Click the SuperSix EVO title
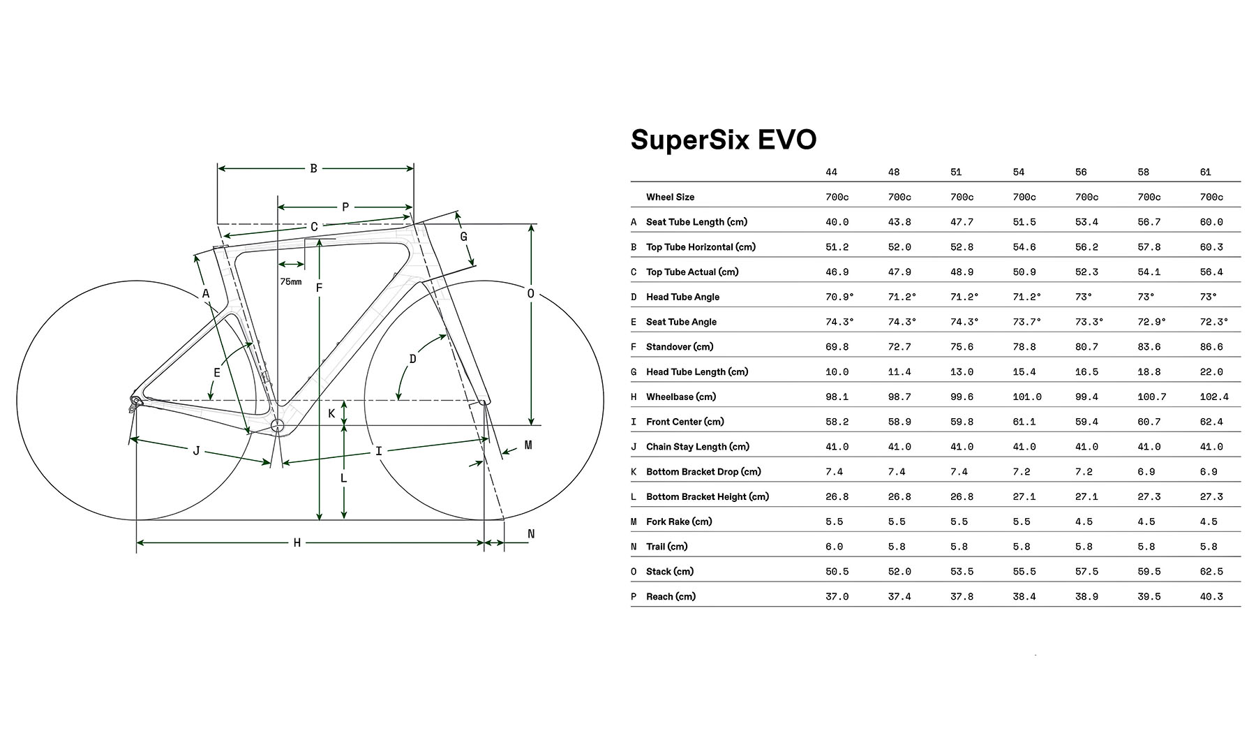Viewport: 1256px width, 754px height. pyautogui.click(x=724, y=140)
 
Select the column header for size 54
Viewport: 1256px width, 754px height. pyautogui.click(x=1019, y=172)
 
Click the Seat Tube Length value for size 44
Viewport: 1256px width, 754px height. pyautogui.click(x=837, y=222)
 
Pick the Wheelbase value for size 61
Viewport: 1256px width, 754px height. pyautogui.click(x=1214, y=397)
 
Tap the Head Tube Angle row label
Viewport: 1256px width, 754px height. pyautogui.click(x=682, y=297)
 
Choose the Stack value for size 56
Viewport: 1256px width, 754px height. pyautogui.click(x=1086, y=571)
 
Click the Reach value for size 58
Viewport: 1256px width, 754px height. pyautogui.click(x=1149, y=596)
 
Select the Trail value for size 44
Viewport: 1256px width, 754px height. pyautogui.click(x=834, y=547)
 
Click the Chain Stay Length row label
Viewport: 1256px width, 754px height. pyautogui.click(x=697, y=447)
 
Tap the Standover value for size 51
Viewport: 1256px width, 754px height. pyautogui.click(x=962, y=347)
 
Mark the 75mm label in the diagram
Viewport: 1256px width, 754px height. pyautogui.click(x=290, y=281)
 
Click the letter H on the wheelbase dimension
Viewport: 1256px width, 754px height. pyautogui.click(x=297, y=542)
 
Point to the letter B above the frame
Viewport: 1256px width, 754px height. pyautogui.click(x=313, y=168)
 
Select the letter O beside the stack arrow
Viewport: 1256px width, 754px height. pyautogui.click(x=530, y=294)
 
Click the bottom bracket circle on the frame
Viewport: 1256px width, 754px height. pyautogui.click(x=278, y=425)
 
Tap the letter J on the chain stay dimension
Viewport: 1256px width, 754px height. pyautogui.click(x=197, y=451)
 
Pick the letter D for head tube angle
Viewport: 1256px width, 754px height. pyautogui.click(x=412, y=359)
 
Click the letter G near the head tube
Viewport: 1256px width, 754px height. pyautogui.click(x=463, y=237)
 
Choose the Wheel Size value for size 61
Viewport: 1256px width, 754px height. pyautogui.click(x=1211, y=197)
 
